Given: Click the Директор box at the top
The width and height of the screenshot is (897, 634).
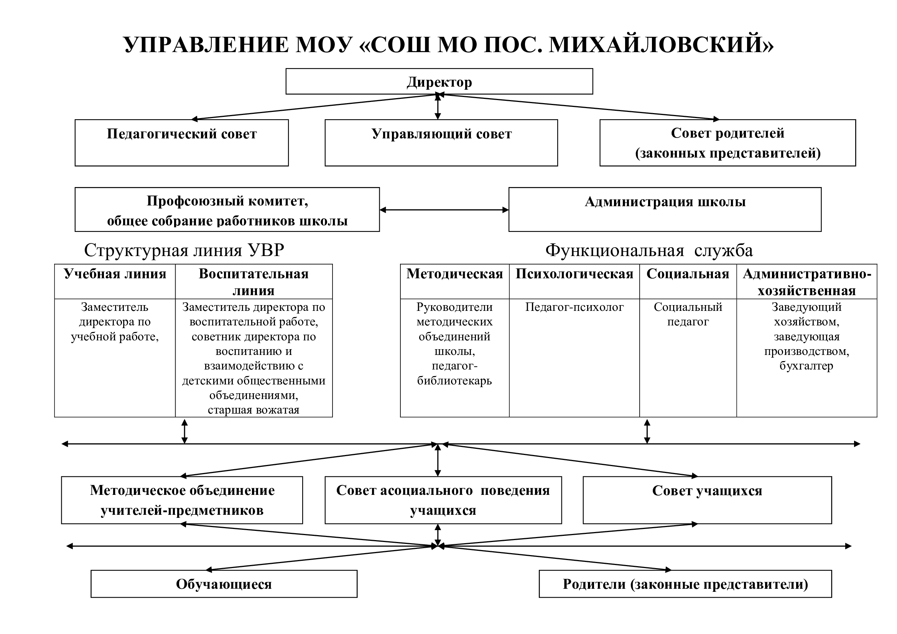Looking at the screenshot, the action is pyautogui.click(x=439, y=81).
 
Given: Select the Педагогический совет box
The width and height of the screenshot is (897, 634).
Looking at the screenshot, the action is pyautogui.click(x=182, y=143).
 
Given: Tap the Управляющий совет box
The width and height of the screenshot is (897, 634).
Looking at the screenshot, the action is pyautogui.click(x=441, y=143).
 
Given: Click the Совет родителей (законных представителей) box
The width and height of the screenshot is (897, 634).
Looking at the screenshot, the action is pyautogui.click(x=728, y=143).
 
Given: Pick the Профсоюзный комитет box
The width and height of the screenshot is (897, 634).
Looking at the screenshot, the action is pyautogui.click(x=227, y=209).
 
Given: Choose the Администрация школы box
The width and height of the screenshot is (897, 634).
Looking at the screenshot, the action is pyautogui.click(x=665, y=209).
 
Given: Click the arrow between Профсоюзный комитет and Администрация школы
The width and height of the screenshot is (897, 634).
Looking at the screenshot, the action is pyautogui.click(x=444, y=210).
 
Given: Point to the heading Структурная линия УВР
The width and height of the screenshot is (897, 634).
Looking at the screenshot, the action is pyautogui.click(x=184, y=250).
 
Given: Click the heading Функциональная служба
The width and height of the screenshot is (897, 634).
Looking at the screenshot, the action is pyautogui.click(x=649, y=250).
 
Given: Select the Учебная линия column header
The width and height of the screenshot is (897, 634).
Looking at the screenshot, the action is pyautogui.click(x=115, y=274).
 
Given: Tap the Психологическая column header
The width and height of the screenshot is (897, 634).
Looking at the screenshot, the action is pyautogui.click(x=574, y=274).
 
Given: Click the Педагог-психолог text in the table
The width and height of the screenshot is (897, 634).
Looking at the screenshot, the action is pyautogui.click(x=574, y=307).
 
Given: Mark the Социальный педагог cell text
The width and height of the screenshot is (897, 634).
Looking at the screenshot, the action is pyautogui.click(x=688, y=314).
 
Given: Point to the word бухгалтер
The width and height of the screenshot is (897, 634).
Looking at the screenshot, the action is pyautogui.click(x=806, y=366).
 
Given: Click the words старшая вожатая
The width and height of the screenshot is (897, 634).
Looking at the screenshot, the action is pyautogui.click(x=253, y=410).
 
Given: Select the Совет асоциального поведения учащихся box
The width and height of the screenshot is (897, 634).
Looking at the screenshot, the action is pyautogui.click(x=443, y=500).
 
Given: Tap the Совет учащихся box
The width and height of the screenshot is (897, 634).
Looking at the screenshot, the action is pyautogui.click(x=707, y=500).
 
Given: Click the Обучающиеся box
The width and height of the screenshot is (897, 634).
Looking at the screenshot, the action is pyautogui.click(x=224, y=584).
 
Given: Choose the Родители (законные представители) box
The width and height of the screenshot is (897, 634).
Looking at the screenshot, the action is pyautogui.click(x=685, y=584).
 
